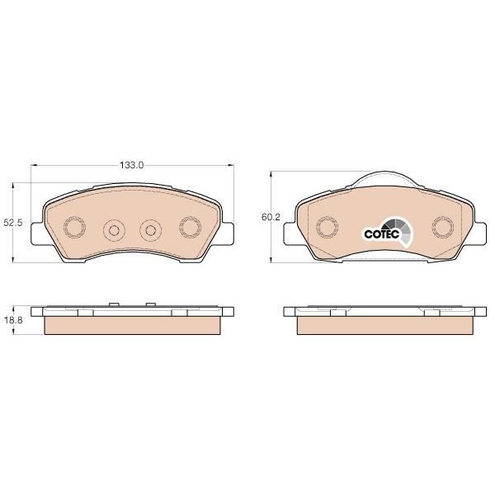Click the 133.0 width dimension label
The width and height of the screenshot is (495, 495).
[x=131, y=165]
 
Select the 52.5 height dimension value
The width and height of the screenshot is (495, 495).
[x=13, y=223]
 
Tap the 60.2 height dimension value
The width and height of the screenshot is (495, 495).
[x=271, y=217]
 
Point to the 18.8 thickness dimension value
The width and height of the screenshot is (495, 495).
[x=13, y=320]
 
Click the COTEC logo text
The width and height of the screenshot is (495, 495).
[x=382, y=234]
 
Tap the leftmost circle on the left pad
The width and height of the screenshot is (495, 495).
[x=75, y=228]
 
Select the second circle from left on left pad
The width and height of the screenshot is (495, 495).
[x=114, y=231]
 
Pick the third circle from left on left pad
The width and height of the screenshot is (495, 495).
[x=151, y=231]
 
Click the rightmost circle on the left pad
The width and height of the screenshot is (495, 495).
[x=191, y=228]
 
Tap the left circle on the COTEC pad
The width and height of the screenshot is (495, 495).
[x=328, y=228]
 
